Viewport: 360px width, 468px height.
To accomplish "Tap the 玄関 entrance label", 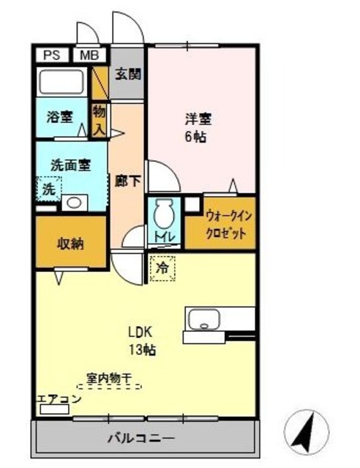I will tap(127, 75).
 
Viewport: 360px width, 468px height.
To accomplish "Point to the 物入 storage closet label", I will tap(99, 119).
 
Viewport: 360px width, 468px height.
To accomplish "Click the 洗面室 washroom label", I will tap(70, 165).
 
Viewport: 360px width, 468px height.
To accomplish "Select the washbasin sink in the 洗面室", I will tap(73, 202).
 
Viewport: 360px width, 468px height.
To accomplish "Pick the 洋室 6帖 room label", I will tap(195, 127).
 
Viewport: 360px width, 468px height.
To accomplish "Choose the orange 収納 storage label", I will tap(71, 244).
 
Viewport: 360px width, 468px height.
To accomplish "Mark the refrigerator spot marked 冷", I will tap(163, 268).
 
